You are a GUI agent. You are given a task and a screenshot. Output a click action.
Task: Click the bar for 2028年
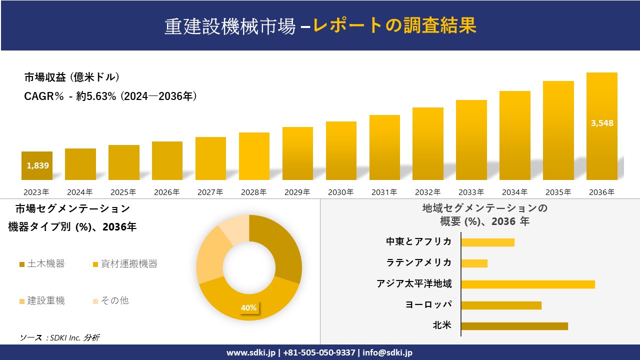(x=254, y=156)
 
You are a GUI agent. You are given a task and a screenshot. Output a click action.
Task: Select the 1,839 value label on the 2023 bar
(x=38, y=165)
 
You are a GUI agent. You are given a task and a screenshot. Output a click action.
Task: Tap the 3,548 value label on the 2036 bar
(x=601, y=123)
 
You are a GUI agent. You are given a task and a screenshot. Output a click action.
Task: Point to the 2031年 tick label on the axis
(x=384, y=192)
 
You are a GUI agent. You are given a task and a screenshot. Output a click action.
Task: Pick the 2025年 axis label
(x=123, y=192)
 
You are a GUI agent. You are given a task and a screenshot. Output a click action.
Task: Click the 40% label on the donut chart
(x=248, y=307)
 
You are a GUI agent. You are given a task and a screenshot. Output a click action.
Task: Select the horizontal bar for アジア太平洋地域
(x=528, y=284)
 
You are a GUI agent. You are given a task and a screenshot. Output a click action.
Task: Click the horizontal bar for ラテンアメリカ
(x=474, y=263)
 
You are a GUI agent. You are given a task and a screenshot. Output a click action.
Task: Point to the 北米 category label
(x=442, y=326)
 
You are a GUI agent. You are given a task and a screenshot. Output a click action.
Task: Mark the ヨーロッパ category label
(x=428, y=305)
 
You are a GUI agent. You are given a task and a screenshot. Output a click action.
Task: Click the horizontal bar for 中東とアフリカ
(x=487, y=242)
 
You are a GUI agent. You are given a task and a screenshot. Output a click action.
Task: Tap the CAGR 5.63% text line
(x=110, y=96)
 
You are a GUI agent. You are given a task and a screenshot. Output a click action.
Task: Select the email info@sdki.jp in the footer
(x=387, y=352)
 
